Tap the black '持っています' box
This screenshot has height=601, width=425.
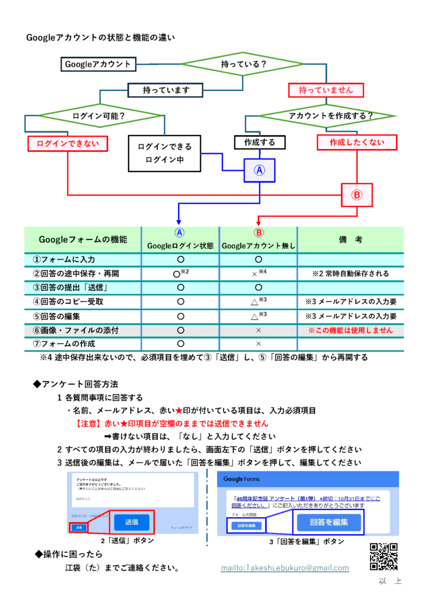click(x=166, y=90)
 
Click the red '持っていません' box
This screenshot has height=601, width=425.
click(x=326, y=90)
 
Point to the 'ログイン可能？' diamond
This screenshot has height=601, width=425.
click(x=99, y=116)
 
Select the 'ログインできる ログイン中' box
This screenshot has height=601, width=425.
click(x=164, y=153)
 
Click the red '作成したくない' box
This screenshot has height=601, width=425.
click(x=357, y=142)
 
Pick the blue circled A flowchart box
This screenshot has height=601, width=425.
click(x=259, y=171)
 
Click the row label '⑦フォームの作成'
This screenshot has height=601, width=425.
click(x=64, y=343)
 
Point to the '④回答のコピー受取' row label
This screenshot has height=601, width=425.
click(x=69, y=302)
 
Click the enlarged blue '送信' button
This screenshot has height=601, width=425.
click(x=131, y=521)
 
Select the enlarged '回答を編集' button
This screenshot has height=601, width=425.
click(x=328, y=522)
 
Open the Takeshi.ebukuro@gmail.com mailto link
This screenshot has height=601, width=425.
click(x=285, y=568)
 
